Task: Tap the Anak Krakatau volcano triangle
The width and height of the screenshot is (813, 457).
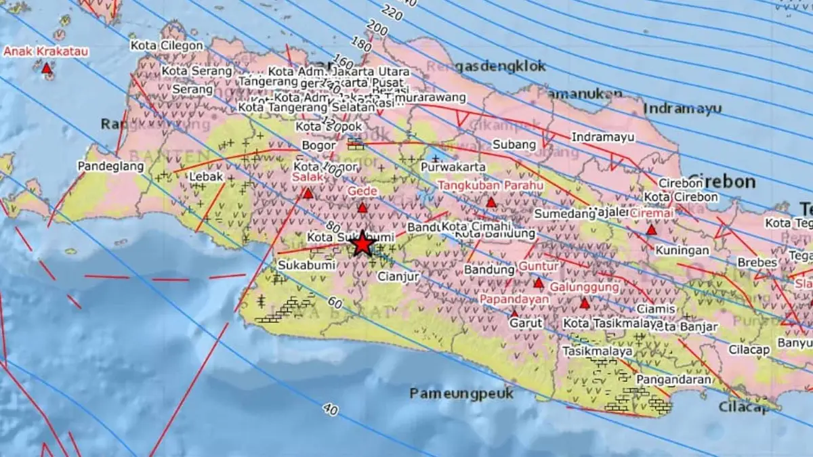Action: pos(46,68)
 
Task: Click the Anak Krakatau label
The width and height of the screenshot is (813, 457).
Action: pos(46,51)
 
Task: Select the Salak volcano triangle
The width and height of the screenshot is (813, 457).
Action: pos(308,194)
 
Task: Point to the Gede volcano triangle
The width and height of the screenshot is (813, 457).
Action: pos(362,209)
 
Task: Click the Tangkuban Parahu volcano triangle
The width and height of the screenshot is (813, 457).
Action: pos(491,202)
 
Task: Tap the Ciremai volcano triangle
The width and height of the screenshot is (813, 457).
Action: pos(651,230)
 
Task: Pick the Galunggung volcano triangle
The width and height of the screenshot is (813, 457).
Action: pos(585,303)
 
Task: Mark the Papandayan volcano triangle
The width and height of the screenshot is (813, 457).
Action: pos(514,313)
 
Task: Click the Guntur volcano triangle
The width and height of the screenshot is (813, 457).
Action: pos(539,283)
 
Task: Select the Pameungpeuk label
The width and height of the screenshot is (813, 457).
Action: pos(461,393)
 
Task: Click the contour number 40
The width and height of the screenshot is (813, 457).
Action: pos(331,409)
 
